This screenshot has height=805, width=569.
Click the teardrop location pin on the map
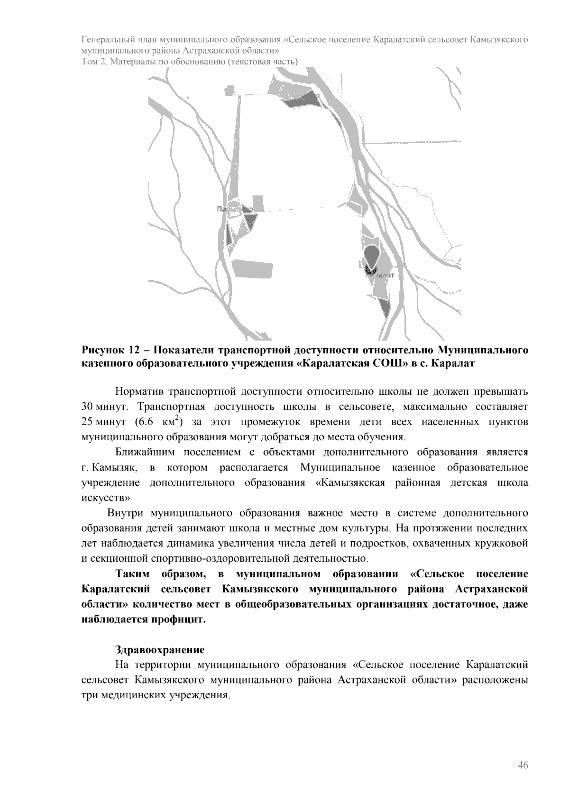tap(371, 256)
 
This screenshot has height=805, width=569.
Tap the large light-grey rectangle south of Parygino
tap(252, 269)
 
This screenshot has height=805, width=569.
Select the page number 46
tap(523, 766)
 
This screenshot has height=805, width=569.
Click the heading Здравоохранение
tap(160, 649)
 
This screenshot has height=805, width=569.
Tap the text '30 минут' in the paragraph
tap(101, 407)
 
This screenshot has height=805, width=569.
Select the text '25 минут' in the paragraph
tap(101, 422)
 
